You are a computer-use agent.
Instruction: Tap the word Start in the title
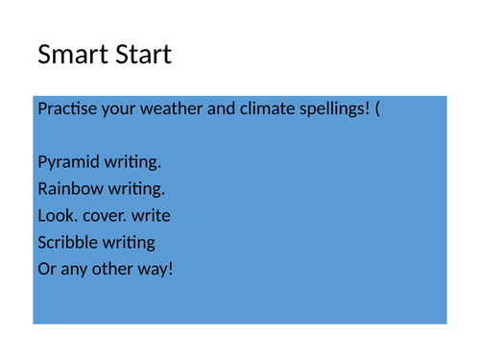tap(138, 55)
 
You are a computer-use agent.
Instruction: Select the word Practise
tap(66, 108)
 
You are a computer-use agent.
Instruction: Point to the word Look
tap(56, 215)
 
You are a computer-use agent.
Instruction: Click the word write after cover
tap(151, 215)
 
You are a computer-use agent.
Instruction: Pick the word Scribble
tap(67, 242)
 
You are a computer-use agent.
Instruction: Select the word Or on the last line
tap(46, 269)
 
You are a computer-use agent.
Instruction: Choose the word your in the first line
tap(117, 108)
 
